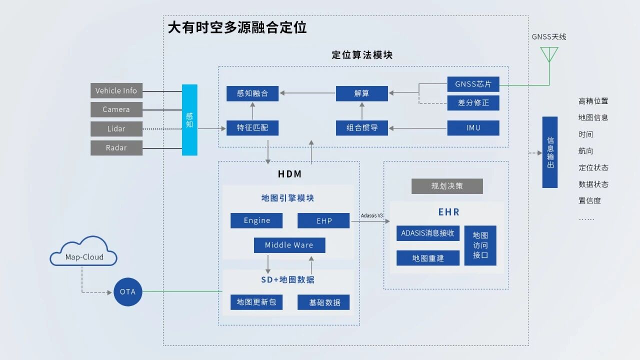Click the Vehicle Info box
tap(116, 90)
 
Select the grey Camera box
tap(116, 109)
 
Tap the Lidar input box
tap(116, 128)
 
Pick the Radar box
tap(116, 147)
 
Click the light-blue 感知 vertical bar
tap(189, 120)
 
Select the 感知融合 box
tap(252, 93)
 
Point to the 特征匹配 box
tap(252, 128)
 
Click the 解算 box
tap(361, 93)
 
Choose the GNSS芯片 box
tap(473, 84)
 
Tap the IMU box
tap(473, 128)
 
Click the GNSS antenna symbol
tap(549, 54)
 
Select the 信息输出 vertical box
tap(550, 152)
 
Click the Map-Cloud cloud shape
tap(84, 252)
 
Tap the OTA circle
tap(127, 291)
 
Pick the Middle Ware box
tap(289, 245)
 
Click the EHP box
tap(323, 220)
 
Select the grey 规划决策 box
tap(447, 186)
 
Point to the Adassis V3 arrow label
tap(371, 215)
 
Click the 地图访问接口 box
tap(480, 245)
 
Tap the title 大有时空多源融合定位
tap(237, 27)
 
